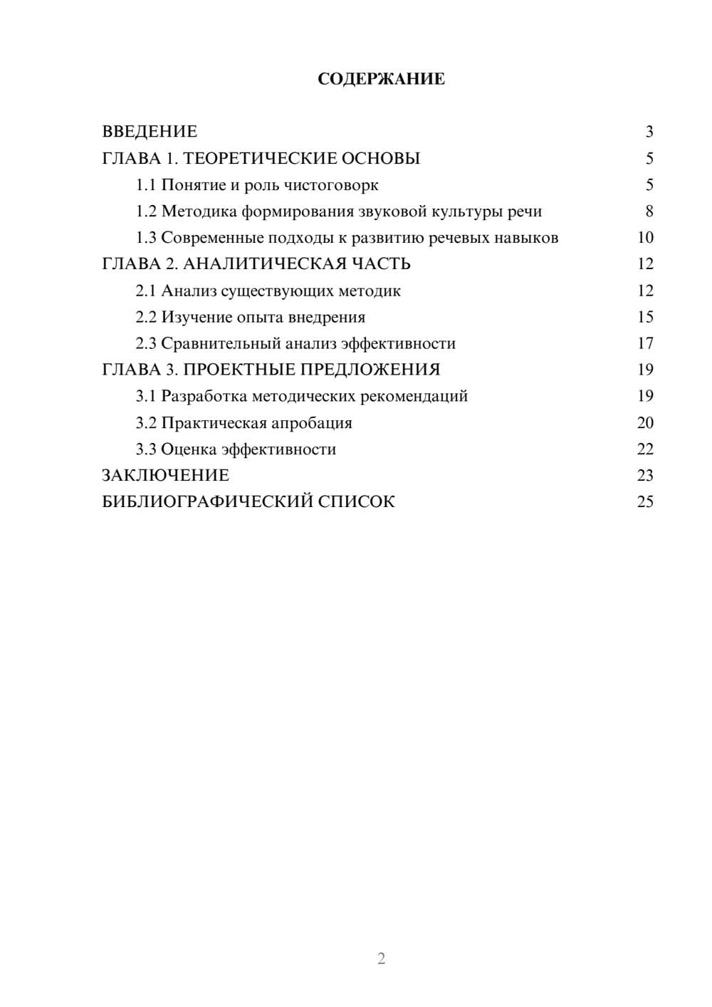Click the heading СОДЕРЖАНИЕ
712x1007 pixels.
(381, 79)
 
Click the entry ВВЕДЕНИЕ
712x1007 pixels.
(150, 132)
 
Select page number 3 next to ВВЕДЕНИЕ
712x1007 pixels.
(649, 132)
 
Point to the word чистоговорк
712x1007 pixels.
(331, 185)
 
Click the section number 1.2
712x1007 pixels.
(146, 212)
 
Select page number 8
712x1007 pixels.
(649, 212)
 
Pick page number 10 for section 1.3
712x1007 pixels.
(645, 238)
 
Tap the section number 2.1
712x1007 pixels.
(146, 291)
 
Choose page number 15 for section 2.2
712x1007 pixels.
(645, 317)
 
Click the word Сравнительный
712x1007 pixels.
(221, 343)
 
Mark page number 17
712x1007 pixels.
(645, 343)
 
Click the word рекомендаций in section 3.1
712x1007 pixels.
(421, 396)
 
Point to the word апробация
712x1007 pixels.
(312, 423)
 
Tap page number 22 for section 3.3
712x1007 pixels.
(645, 449)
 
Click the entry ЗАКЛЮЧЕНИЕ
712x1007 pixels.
(165, 476)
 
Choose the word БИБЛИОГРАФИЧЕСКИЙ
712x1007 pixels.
(207, 502)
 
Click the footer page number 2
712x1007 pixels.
(381, 959)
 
